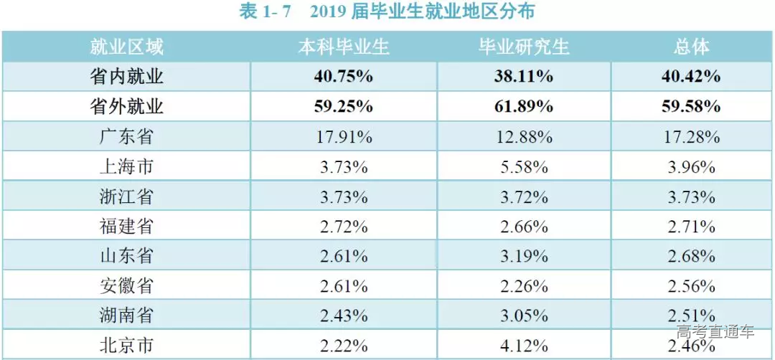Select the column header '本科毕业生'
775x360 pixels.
344,47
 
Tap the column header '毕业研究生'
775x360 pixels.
524,47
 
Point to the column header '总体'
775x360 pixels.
692,47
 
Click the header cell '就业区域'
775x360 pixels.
126,47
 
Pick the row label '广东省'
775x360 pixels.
126,137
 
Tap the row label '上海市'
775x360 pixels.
126,167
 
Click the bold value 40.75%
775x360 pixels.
344,77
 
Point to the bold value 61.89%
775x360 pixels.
524,107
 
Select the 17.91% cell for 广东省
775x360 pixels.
344,137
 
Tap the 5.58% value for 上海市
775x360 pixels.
524,167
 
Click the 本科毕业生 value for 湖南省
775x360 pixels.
344,316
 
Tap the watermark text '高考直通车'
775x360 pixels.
715,332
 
